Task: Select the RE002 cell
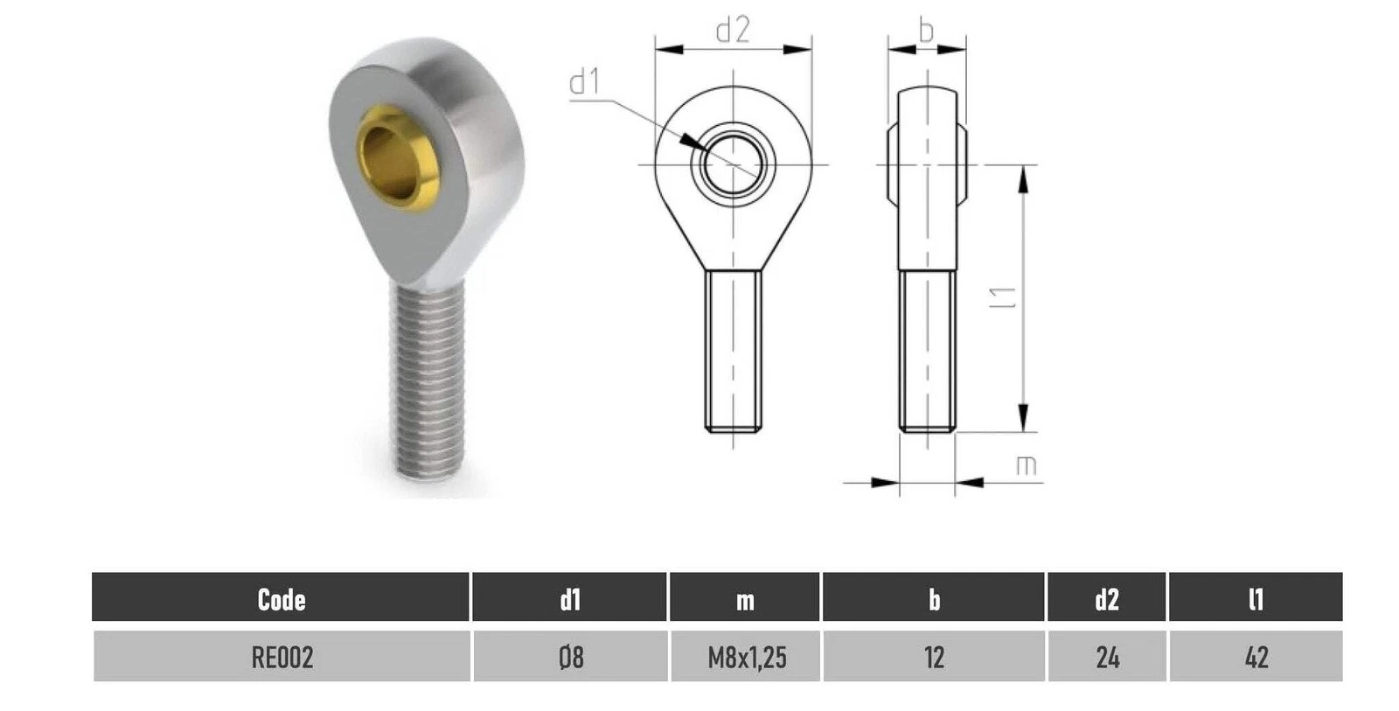point(282,657)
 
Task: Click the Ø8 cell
point(570,657)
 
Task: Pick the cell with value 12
point(934,657)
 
